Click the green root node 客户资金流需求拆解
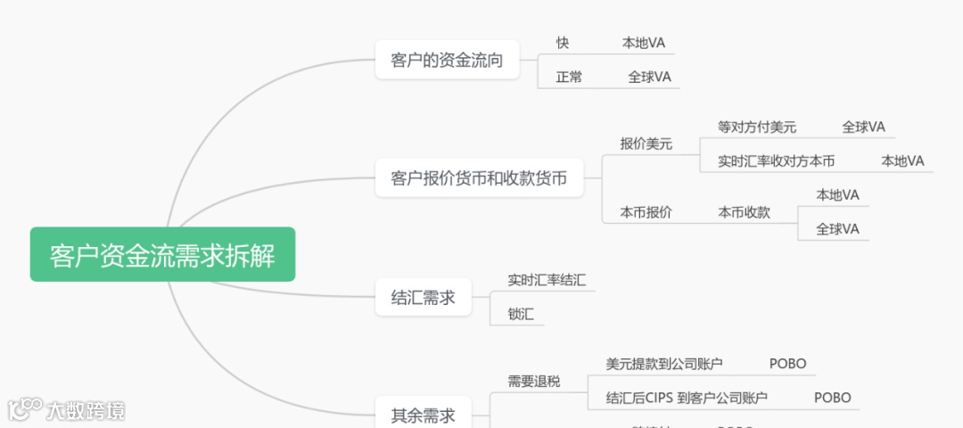pos(162,255)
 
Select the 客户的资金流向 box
pos(447,61)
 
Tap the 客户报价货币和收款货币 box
pos(479,178)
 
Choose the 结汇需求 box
pos(424,298)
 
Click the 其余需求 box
pos(424,415)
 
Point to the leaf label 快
pos(563,43)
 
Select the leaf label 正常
pos(569,77)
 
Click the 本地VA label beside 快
pos(643,43)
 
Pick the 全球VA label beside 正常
pos(649,77)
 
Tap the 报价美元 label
pos(646,144)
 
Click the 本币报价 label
pos(646,212)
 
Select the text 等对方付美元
pos(757,128)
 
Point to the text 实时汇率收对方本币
pos(776,161)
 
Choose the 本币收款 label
pos(745,212)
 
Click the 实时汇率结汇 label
pos(547,280)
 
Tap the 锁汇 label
pos(521,314)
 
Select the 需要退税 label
pos(534,381)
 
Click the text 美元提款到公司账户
pos(664,364)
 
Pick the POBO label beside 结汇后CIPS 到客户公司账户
pos(833,398)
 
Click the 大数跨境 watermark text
pos(86,411)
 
